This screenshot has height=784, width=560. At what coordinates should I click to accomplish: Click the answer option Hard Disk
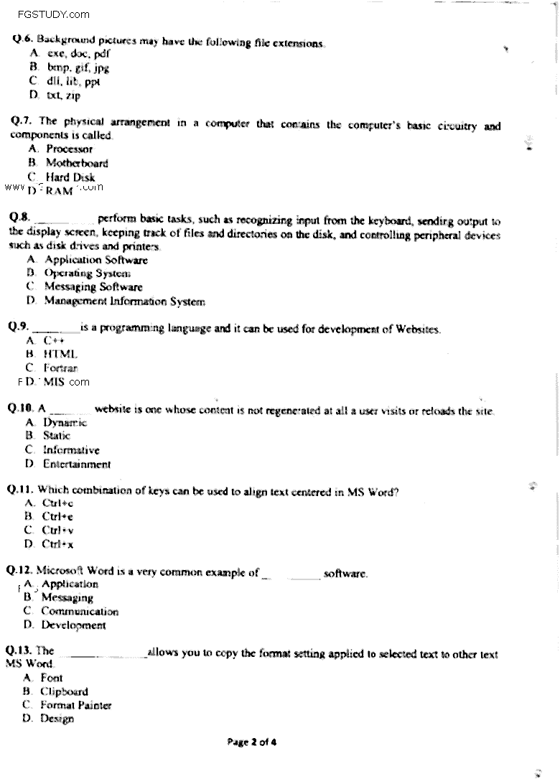[x=70, y=177]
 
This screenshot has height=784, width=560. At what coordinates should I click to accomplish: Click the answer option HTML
[x=60, y=354]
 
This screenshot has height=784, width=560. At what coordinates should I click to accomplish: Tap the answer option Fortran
[x=61, y=368]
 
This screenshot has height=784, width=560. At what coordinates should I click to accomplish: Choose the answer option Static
[x=57, y=435]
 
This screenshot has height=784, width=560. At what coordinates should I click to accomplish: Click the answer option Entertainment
[x=77, y=464]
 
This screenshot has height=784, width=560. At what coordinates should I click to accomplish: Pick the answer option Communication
[x=79, y=611]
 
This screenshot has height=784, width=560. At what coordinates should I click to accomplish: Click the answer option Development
[x=73, y=625]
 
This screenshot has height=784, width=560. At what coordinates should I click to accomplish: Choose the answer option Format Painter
[x=75, y=705]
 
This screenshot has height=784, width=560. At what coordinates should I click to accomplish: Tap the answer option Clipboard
[x=64, y=691]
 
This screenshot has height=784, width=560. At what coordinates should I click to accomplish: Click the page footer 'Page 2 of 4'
[x=251, y=742]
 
